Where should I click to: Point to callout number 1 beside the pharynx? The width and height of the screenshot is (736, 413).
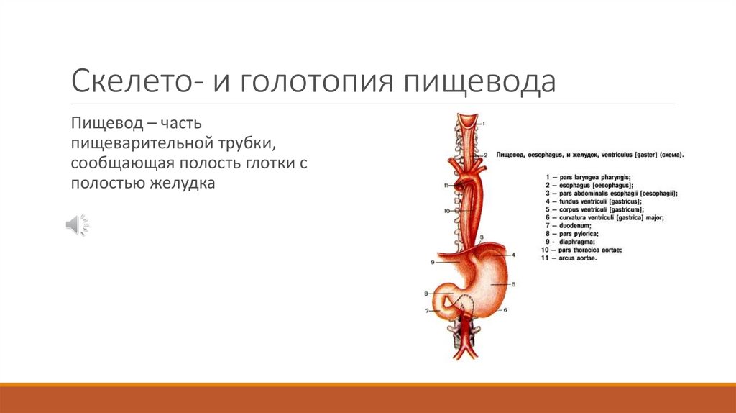click(x=483, y=124)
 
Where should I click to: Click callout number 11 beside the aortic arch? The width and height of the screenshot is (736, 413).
click(x=446, y=186)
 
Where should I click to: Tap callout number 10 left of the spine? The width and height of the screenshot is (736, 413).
click(x=446, y=211)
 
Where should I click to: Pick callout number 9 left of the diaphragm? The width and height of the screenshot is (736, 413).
click(x=433, y=263)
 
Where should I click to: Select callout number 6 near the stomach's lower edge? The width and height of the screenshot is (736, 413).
click(x=505, y=310)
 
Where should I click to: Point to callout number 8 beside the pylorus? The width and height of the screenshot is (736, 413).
click(x=426, y=294)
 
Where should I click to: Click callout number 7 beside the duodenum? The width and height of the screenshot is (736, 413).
click(x=427, y=311)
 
